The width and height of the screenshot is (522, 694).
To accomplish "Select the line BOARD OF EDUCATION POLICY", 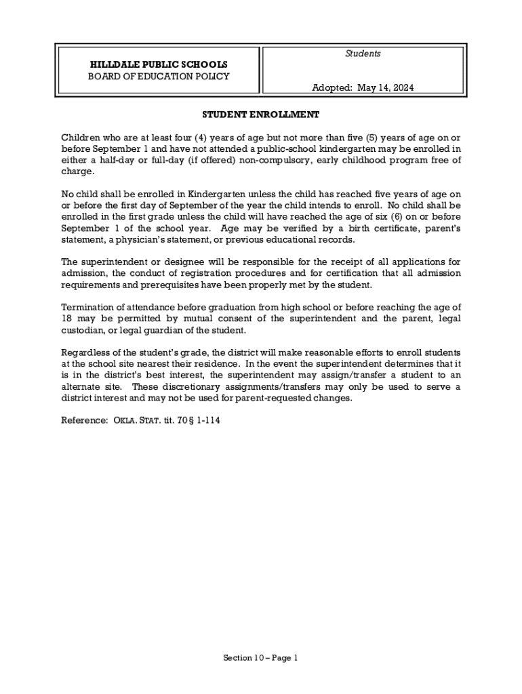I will [x=159, y=77].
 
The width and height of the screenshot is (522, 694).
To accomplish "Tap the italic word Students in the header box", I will [x=363, y=54].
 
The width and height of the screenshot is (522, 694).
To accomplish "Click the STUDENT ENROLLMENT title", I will [x=260, y=115].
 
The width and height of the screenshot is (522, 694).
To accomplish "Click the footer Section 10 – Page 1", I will [x=260, y=658].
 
